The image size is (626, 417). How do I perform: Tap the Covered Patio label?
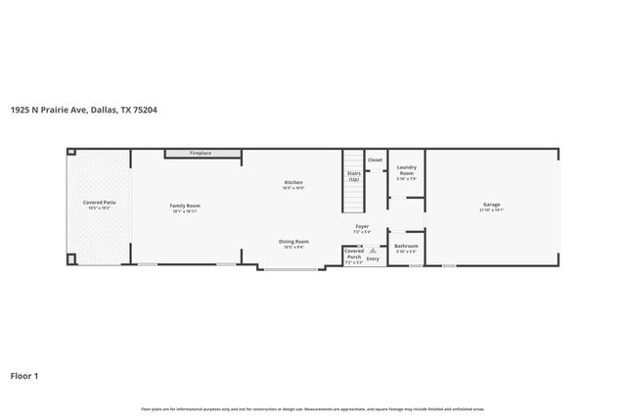point(100,203)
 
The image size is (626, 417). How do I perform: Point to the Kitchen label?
point(293,182)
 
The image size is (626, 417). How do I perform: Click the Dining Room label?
point(294,241)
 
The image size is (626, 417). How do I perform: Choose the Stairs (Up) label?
point(353,176)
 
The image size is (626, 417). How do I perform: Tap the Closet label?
point(375,159)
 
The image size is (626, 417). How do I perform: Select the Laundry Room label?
point(406,170)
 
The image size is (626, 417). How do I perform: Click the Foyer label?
point(362,225)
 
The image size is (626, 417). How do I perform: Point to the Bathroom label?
point(406,246)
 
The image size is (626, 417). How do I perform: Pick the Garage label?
point(491,205)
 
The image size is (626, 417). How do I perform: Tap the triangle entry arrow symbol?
point(372,251)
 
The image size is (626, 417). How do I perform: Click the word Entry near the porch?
point(373,259)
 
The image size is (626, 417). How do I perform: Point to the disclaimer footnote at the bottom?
point(312,408)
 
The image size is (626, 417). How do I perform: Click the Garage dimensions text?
point(491,210)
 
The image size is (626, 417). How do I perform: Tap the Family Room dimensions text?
point(185,210)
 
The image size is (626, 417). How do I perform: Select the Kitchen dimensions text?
point(293,188)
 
